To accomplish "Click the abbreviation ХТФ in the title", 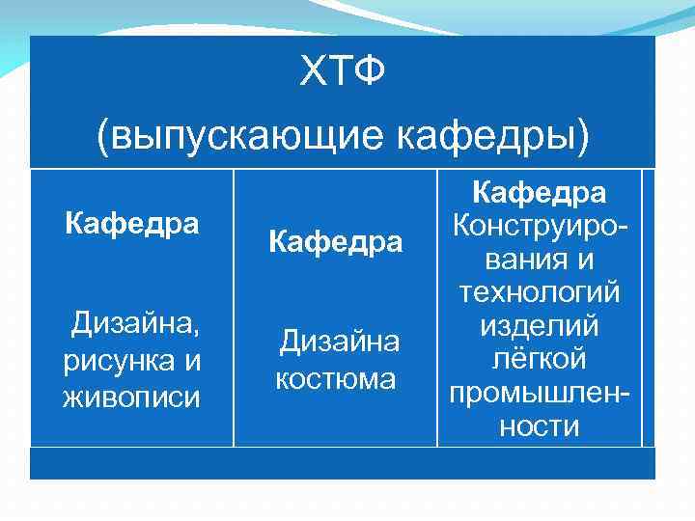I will tap(343, 70).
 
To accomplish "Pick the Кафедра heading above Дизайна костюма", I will tap(335, 241).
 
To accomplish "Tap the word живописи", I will tap(132, 396).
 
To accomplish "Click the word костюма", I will tap(335, 379).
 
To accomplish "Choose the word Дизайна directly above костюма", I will tap(339, 343).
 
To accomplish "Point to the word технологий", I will tap(540, 293).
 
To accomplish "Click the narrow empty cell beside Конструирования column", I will tap(649, 309).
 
